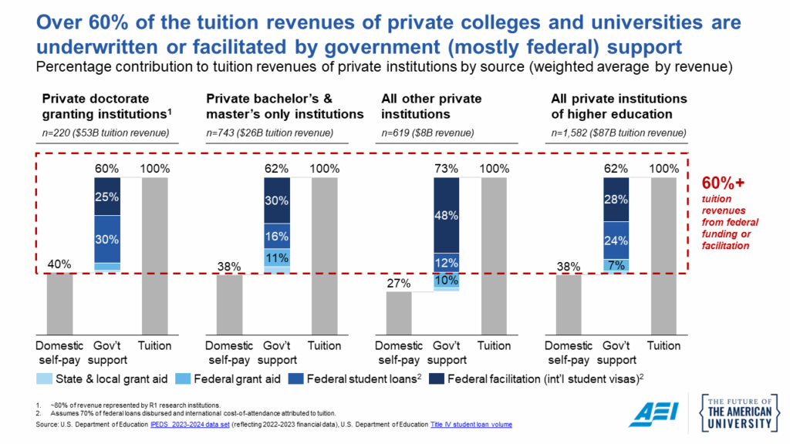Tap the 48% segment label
(446, 216)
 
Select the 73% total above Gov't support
(446, 169)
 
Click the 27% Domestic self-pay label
(398, 283)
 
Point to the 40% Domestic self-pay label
(59, 264)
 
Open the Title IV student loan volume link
(471, 425)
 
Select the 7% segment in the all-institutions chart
(616, 265)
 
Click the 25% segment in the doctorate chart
(106, 197)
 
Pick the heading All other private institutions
(431, 106)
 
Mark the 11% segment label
(276, 257)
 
